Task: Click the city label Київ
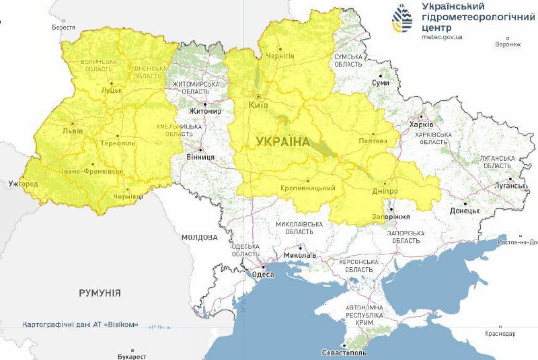coord(258,106)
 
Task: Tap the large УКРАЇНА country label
coord(282,141)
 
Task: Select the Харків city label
coord(422,124)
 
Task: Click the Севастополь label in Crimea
coord(344,353)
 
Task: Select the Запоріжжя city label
coord(391,217)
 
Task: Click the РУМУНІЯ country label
coord(100,293)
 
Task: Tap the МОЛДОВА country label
coord(200,238)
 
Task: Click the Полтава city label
coord(374,141)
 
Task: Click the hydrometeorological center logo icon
coord(403,20)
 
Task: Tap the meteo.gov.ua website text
coord(442,38)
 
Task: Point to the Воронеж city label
coord(507,44)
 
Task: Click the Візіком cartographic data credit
coord(80,324)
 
